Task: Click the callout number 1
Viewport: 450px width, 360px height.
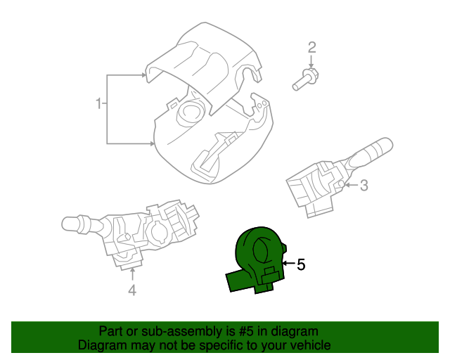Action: click(98, 104)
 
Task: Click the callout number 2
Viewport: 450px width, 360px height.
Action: click(311, 48)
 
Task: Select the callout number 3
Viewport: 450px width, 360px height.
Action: click(364, 186)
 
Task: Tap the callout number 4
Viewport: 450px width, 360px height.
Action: click(131, 290)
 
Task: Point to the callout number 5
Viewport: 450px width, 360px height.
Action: click(301, 264)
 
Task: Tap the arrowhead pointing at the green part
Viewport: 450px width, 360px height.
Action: click(285, 264)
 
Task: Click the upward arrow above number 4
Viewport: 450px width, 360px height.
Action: click(131, 271)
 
